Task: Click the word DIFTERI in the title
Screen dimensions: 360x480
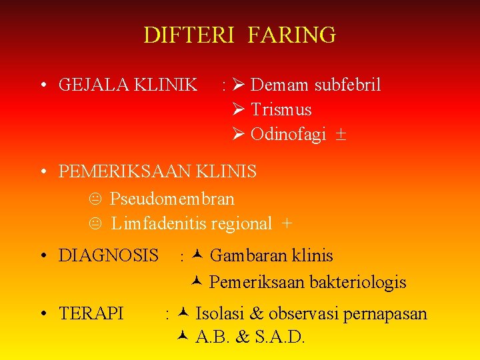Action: coord(189,35)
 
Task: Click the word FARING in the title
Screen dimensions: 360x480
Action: coord(291,35)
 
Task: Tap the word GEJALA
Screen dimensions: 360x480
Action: coord(93,85)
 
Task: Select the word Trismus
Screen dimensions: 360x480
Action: coord(281,110)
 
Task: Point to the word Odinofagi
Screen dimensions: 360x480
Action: coord(288,135)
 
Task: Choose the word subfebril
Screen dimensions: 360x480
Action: coord(347,85)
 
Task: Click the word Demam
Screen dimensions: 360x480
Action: coord(279,85)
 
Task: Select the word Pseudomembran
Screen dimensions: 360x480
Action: coord(172,199)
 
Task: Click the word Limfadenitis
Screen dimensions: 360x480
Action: coord(158,224)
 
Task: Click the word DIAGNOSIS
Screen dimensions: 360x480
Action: coord(109,255)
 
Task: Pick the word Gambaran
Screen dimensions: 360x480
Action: coord(242,255)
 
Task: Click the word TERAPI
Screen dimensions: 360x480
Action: coord(91,313)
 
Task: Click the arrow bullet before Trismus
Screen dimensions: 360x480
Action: coord(240,110)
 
